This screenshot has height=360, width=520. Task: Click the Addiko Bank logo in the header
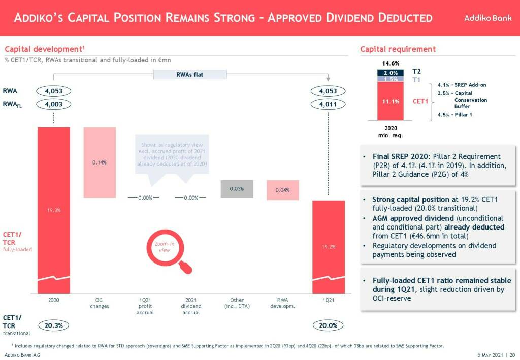pos(487,18)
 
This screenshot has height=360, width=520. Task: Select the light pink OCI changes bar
pos(100,162)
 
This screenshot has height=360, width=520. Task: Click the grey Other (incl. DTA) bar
pos(237,188)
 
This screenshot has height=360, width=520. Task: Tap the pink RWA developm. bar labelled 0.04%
pos(282,190)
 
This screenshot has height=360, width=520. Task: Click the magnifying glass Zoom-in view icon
pos(167,251)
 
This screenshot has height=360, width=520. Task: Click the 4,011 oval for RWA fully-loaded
pos(328,104)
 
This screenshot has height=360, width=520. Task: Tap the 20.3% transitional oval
pos(54,325)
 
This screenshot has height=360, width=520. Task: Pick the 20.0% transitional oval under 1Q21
pos(328,325)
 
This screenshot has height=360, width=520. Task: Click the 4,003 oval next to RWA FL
pos(54,104)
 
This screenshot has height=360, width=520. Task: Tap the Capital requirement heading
pos(398,49)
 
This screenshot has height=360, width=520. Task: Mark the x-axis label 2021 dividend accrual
pos(191,306)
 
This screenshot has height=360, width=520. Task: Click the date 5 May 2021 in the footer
pos(491,355)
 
